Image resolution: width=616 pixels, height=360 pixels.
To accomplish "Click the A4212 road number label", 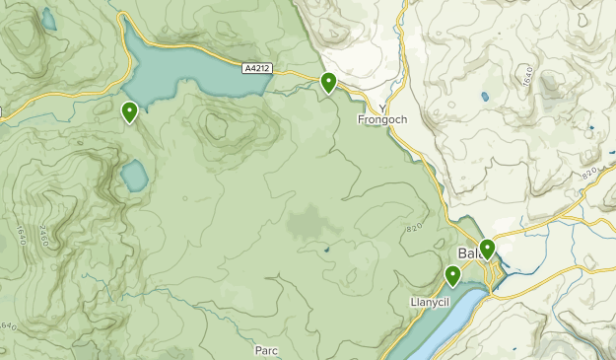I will pos(257,68).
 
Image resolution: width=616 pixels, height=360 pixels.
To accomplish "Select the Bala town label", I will pos(469,252).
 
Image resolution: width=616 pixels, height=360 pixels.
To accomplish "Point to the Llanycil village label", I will pos(430,301).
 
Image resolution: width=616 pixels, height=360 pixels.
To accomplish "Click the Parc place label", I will pos(266,350).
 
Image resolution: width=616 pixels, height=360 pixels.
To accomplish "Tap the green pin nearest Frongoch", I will pos(328,83).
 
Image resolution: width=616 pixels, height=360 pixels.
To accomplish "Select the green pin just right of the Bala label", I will pos(487,249).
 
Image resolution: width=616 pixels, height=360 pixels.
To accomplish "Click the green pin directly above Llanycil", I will pos(452,275).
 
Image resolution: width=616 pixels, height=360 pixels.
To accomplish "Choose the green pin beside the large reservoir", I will pos(129,112).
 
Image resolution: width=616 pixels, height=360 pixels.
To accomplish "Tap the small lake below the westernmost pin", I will pos(134,178).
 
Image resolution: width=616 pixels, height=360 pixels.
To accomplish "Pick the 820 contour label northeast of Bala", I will pos(590,172).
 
